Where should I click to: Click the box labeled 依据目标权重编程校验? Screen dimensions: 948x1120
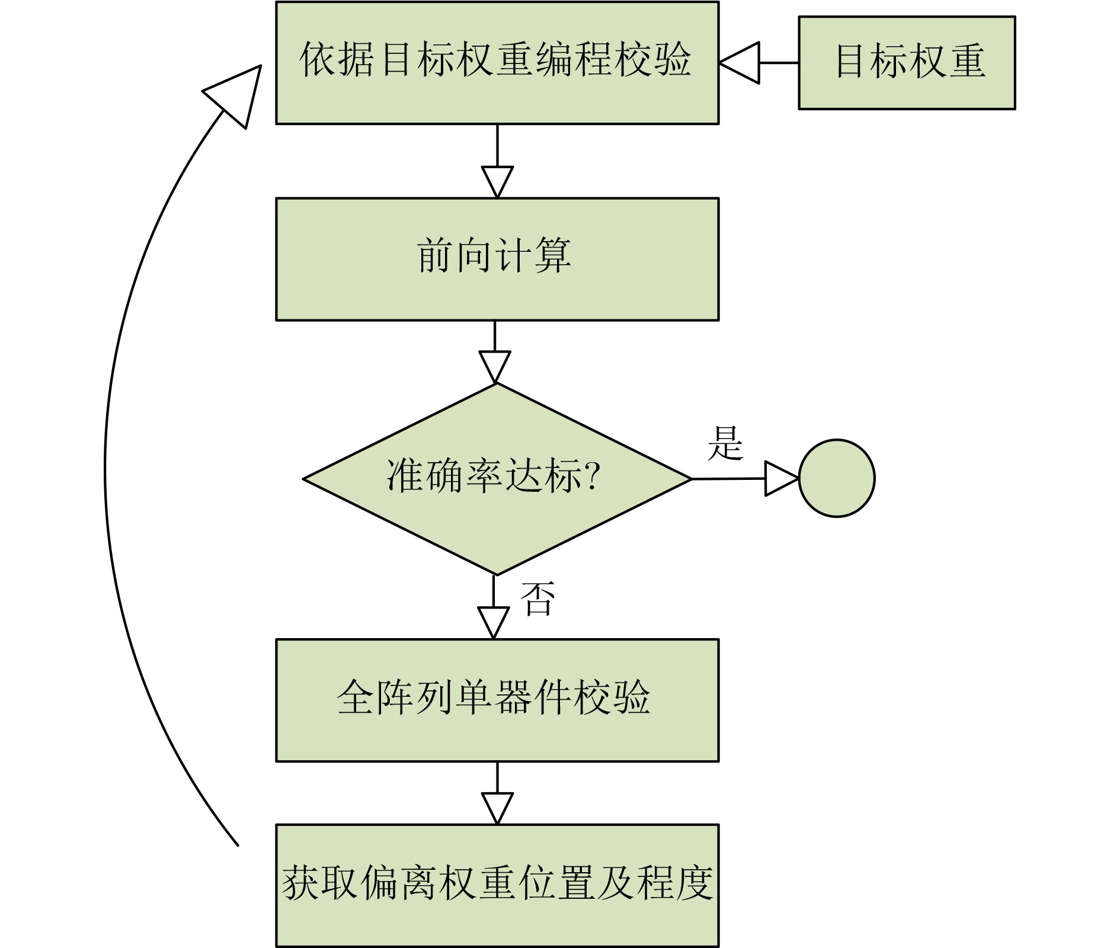[x=497, y=63]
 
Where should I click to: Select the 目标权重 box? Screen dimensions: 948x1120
[x=906, y=63]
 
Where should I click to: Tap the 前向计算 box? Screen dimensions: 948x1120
[x=497, y=259]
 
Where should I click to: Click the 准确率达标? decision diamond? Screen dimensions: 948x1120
[x=497, y=479]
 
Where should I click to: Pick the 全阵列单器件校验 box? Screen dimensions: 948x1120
[x=497, y=700]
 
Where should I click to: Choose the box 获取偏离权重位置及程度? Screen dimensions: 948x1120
[x=497, y=885]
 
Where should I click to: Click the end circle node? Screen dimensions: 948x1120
[x=836, y=478]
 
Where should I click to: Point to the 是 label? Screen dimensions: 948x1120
[x=725, y=443]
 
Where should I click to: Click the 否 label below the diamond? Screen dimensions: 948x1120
[x=537, y=598]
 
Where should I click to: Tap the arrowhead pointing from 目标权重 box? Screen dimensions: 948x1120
[x=741, y=62]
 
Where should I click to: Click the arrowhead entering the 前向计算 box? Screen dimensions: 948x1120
[x=497, y=181]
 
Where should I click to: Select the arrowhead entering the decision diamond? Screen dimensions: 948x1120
[x=495, y=366]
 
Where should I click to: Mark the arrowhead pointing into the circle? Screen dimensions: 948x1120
[x=780, y=478]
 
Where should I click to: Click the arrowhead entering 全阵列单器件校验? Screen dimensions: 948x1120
[x=494, y=622]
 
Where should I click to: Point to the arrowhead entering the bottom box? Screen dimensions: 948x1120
[x=497, y=808]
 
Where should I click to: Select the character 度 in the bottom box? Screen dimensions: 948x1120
[x=693, y=883]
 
